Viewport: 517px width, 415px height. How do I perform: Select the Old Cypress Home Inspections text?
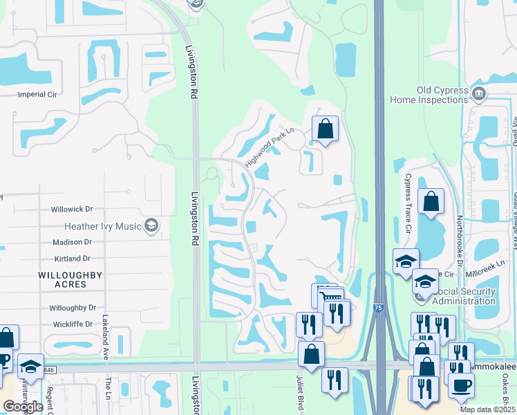point(429,95)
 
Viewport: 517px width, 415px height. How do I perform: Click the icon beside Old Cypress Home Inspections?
point(478,92)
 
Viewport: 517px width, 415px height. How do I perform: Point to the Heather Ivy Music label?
point(102,226)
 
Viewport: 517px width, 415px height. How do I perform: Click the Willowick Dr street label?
point(71,209)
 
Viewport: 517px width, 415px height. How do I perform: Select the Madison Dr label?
point(72,242)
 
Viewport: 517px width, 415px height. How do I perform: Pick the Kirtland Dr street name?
point(72,259)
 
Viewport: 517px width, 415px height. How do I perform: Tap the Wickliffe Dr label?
point(71,324)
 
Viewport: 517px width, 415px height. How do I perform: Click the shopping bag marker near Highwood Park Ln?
point(325,129)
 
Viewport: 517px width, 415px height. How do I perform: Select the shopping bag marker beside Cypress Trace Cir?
point(431,202)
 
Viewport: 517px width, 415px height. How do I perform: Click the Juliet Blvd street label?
point(300,396)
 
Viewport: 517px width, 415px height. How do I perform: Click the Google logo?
point(23,407)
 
